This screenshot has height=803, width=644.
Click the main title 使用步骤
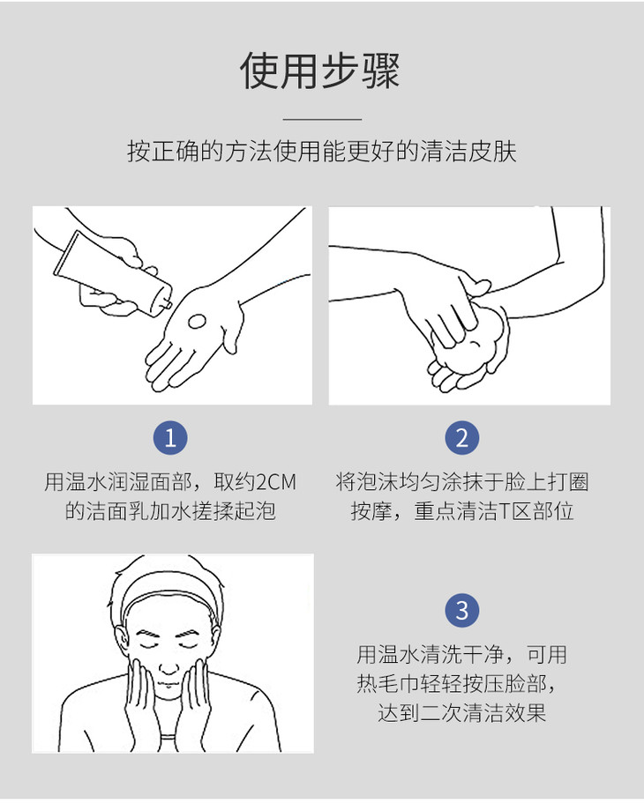320,71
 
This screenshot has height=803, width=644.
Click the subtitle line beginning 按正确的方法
322,151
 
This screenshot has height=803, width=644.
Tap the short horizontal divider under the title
322,119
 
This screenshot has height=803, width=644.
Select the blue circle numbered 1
170,438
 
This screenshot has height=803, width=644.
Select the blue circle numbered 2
462,438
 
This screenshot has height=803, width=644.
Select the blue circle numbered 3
462,610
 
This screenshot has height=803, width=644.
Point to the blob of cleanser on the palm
197,322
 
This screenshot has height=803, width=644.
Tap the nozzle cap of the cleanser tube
166,302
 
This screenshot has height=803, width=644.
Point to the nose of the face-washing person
168,665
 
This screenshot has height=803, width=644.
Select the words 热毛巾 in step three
388,684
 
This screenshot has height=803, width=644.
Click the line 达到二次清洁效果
462,712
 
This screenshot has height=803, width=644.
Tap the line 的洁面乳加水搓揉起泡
170,511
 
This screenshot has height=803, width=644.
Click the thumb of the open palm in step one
231,328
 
